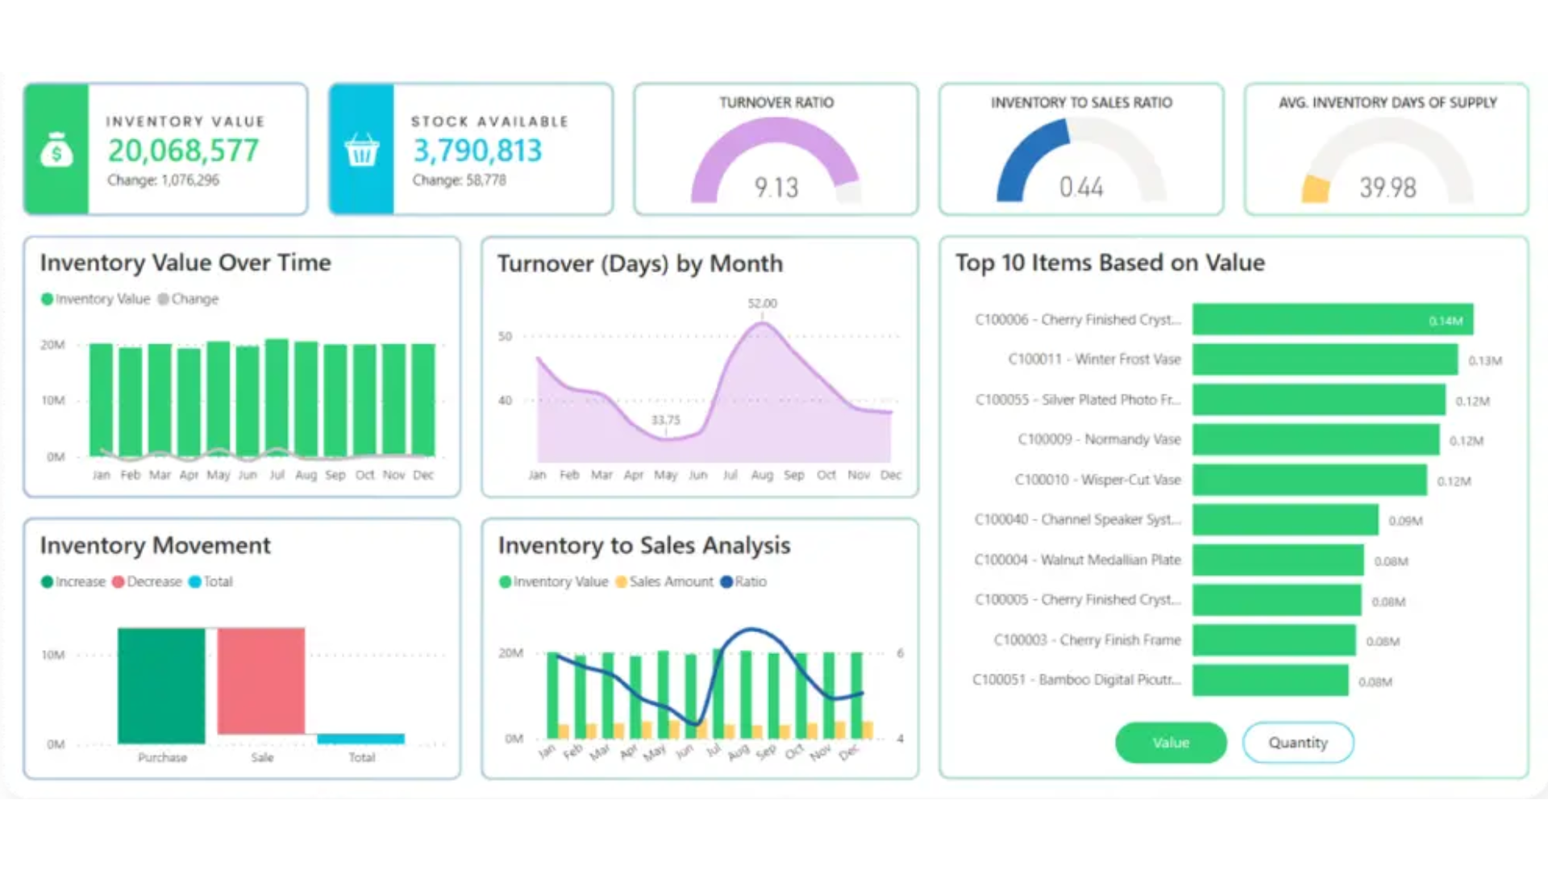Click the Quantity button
(x=1297, y=742)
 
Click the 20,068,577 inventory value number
(x=183, y=151)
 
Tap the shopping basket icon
(x=361, y=150)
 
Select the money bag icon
(x=56, y=150)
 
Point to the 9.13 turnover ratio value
(x=776, y=188)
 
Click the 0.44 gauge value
(x=1080, y=188)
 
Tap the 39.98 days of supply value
(x=1387, y=188)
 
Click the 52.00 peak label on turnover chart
(x=762, y=303)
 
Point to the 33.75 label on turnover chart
(x=665, y=419)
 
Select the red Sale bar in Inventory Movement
(x=261, y=681)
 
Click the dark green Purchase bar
(x=161, y=686)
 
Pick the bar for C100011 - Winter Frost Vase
(x=1325, y=360)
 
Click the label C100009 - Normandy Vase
(x=1099, y=440)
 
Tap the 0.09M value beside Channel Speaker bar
(x=1405, y=521)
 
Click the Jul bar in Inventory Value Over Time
(x=277, y=397)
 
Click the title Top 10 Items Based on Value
(x=1109, y=263)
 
